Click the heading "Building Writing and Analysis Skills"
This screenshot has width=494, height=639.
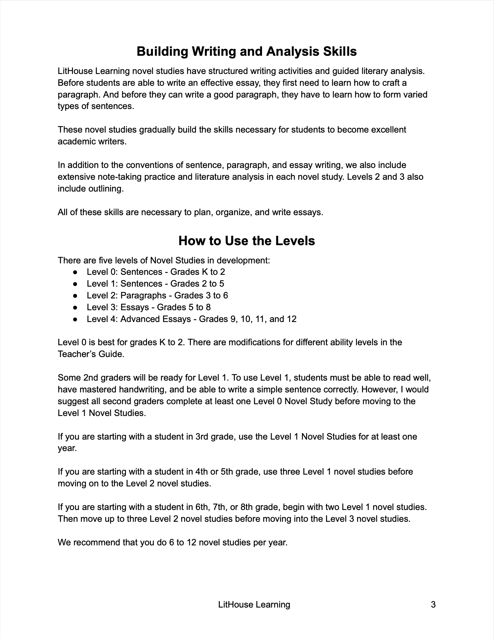click(247, 51)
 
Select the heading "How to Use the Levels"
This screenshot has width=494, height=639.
click(247, 241)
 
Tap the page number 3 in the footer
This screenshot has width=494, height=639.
click(433, 604)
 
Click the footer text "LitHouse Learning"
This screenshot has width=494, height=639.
click(254, 604)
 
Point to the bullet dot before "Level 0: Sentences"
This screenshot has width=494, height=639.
click(75, 272)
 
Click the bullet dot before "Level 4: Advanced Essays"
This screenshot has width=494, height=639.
click(75, 319)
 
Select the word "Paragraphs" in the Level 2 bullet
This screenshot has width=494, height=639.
click(143, 296)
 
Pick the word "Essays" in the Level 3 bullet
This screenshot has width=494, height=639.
click(134, 307)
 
